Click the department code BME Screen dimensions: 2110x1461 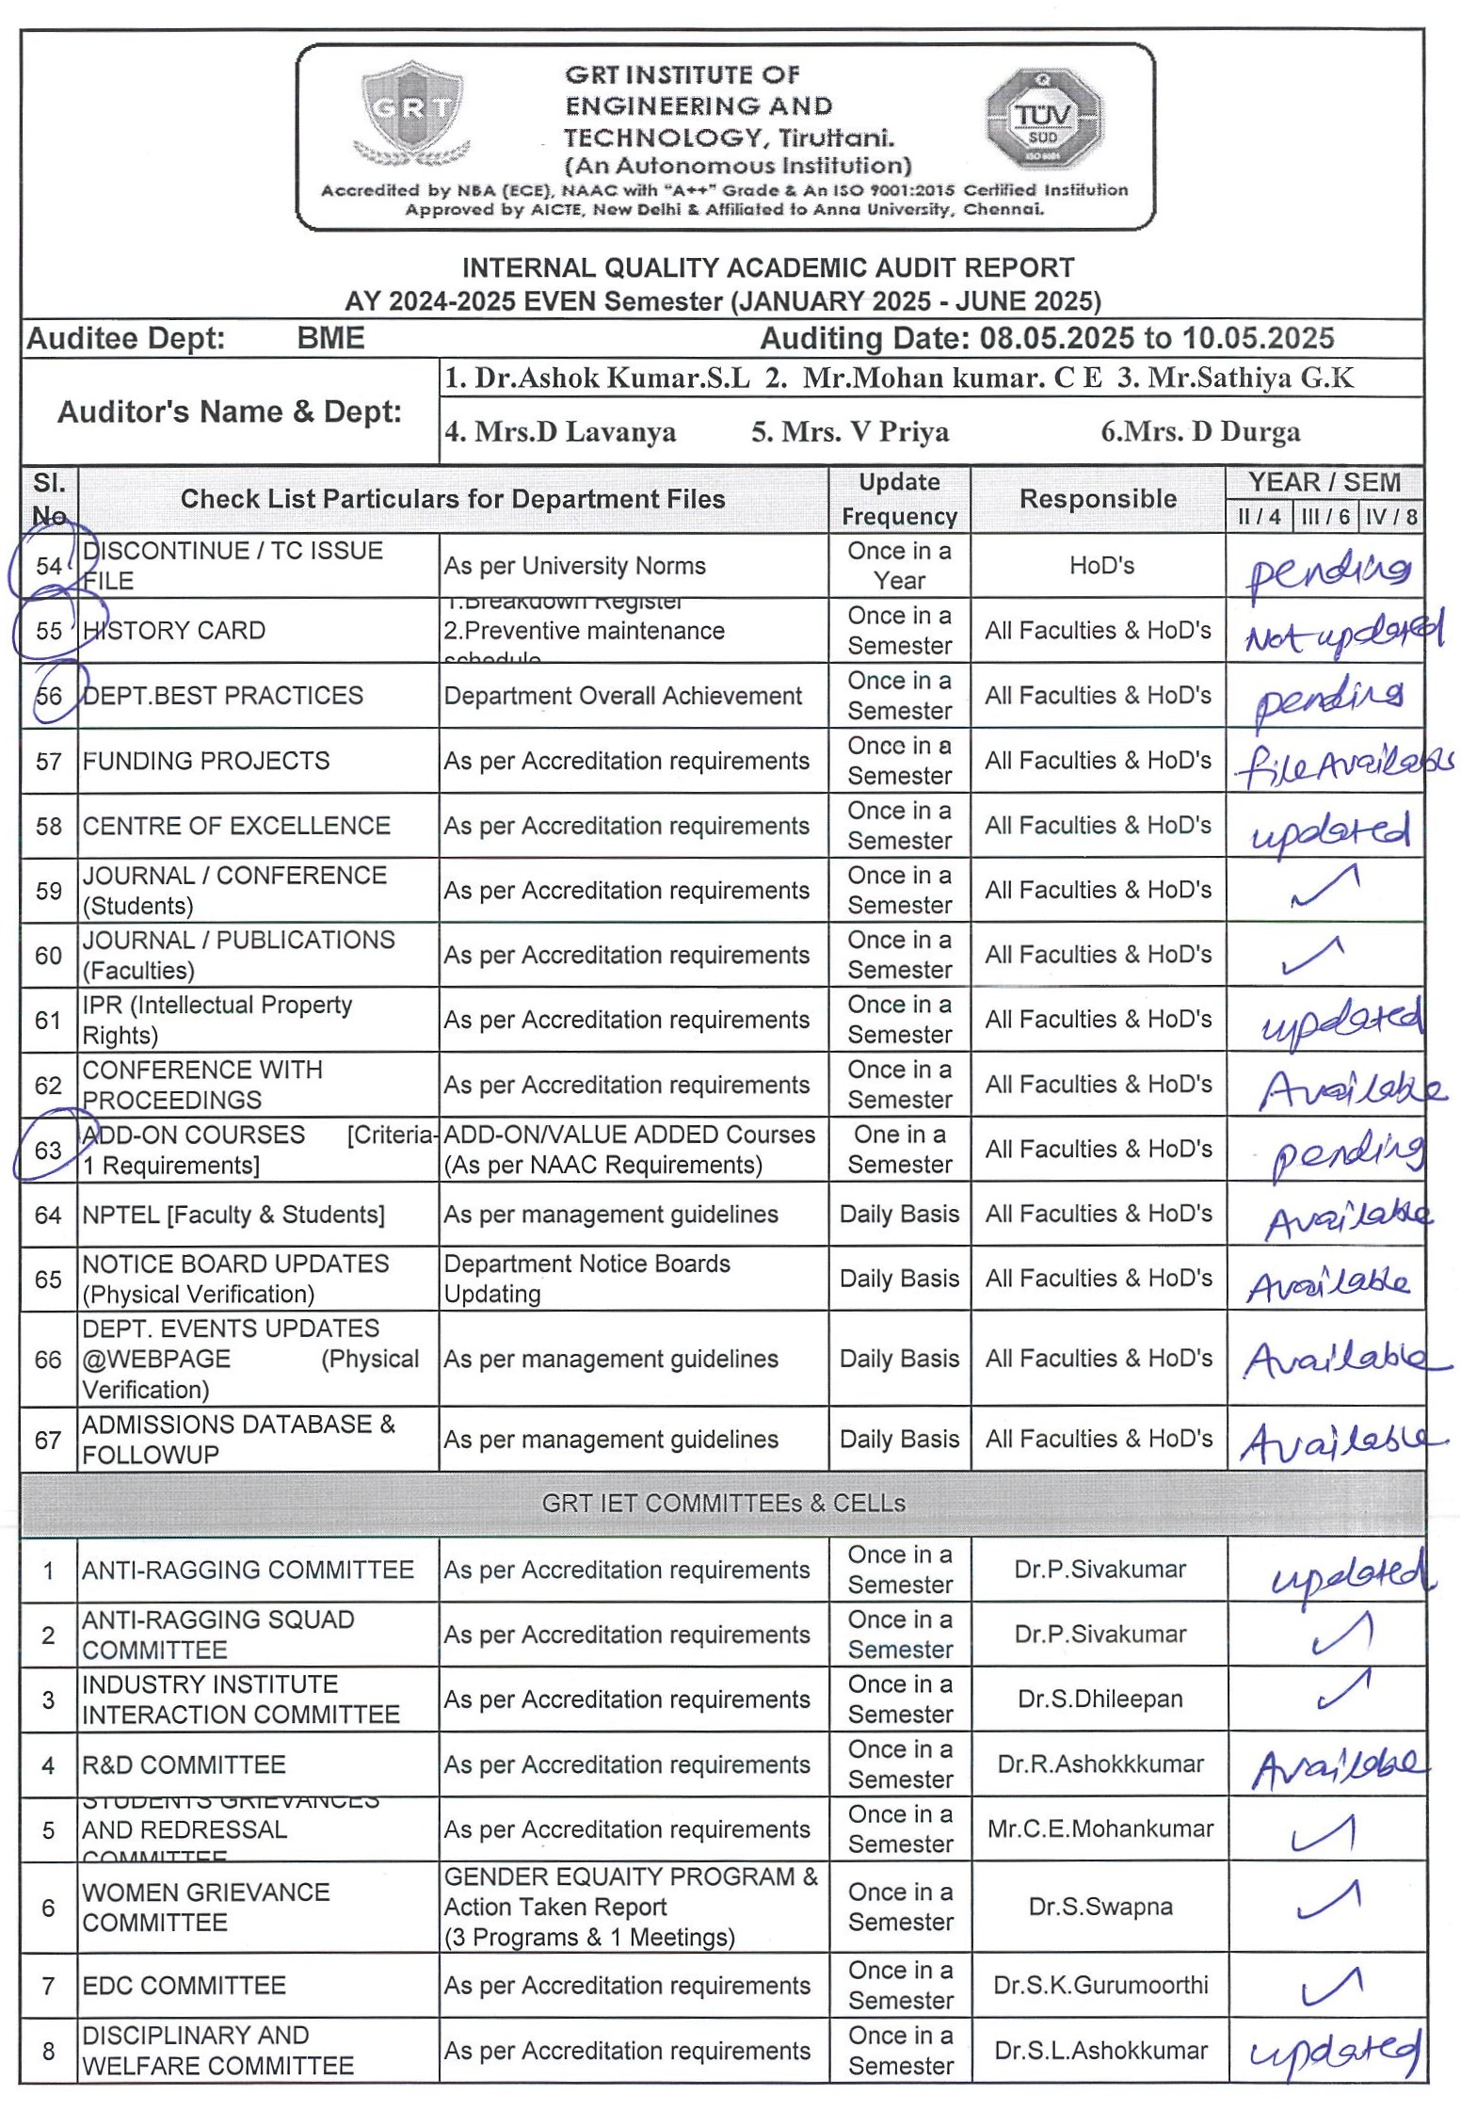[x=330, y=338]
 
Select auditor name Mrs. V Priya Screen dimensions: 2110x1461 [x=849, y=431]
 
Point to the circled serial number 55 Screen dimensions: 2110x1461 [x=49, y=630]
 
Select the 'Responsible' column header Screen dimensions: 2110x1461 [x=1098, y=499]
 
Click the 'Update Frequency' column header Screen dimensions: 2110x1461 [x=899, y=499]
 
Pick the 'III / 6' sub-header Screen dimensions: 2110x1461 [x=1325, y=516]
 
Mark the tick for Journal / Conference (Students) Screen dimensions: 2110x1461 [x=1325, y=888]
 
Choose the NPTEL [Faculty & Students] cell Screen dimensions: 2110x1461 [x=233, y=1215]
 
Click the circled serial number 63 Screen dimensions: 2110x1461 [x=48, y=1150]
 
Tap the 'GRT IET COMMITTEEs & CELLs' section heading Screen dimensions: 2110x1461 [x=723, y=1503]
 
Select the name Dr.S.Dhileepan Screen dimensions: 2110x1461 [x=1100, y=1699]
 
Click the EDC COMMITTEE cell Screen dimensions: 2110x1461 [x=185, y=1985]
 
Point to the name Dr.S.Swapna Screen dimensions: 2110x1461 [x=1100, y=1907]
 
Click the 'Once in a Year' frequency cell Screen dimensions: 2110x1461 [x=899, y=565]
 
